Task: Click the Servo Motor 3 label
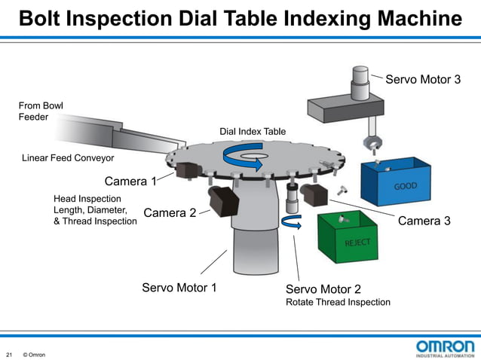pyautogui.click(x=423, y=80)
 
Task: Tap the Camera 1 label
pyautogui.click(x=130, y=182)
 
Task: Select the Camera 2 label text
pyautogui.click(x=170, y=213)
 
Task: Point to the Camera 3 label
pyautogui.click(x=424, y=221)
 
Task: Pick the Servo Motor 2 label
pyautogui.click(x=323, y=289)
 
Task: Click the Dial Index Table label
pyautogui.click(x=253, y=132)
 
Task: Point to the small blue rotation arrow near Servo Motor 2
pyautogui.click(x=290, y=221)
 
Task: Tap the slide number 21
pyautogui.click(x=10, y=354)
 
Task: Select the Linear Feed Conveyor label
pyautogui.click(x=68, y=158)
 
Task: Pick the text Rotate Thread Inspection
pyautogui.click(x=338, y=303)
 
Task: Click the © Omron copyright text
pyautogui.click(x=34, y=354)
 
